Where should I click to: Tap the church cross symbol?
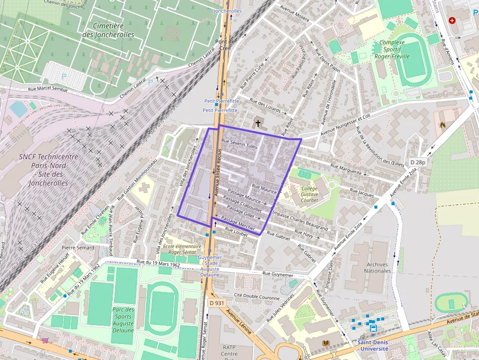click(258, 124)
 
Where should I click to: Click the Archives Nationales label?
click(377, 268)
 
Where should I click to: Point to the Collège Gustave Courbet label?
click(309, 194)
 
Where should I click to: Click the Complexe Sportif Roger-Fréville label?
click(392, 49)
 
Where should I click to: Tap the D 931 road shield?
click(217, 303)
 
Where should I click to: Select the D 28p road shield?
click(418, 162)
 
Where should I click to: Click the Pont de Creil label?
click(225, 44)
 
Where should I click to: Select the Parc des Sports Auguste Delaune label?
click(123, 320)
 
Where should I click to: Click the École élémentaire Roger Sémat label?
click(182, 250)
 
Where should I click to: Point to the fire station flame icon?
click(443, 125)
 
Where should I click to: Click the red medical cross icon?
click(452, 21)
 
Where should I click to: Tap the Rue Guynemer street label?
click(278, 274)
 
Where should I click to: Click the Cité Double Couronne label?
click(257, 296)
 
